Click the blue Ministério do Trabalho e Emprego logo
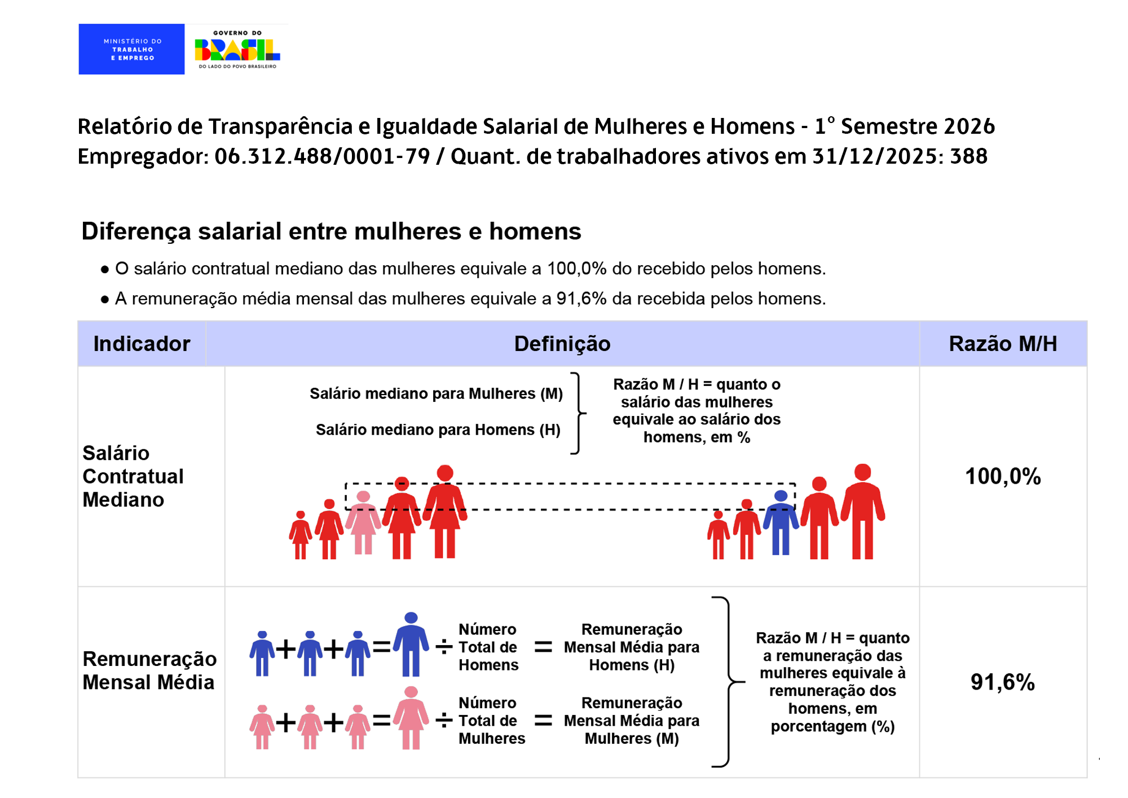pyautogui.click(x=131, y=49)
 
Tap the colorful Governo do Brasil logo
pyautogui.click(x=237, y=49)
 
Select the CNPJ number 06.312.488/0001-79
pyautogui.click(x=322, y=156)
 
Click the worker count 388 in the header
pyautogui.click(x=968, y=156)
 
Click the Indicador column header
pyautogui.click(x=142, y=344)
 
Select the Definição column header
pyautogui.click(x=562, y=344)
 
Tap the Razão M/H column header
pyautogui.click(x=1002, y=344)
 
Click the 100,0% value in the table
pyautogui.click(x=1002, y=476)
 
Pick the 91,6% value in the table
pyautogui.click(x=1002, y=682)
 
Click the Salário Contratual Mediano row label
pyautogui.click(x=133, y=476)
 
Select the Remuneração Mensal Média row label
pyautogui.click(x=149, y=670)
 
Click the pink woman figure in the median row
pyautogui.click(x=363, y=522)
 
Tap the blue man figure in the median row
pyautogui.click(x=781, y=522)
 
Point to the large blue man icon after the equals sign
pyautogui.click(x=411, y=644)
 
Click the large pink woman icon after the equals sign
pyautogui.click(x=411, y=717)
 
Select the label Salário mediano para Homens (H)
pyautogui.click(x=438, y=430)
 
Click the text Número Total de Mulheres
pyautogui.click(x=491, y=721)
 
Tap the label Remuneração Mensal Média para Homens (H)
pyautogui.click(x=632, y=647)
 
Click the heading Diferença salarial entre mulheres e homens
pyautogui.click(x=331, y=231)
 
